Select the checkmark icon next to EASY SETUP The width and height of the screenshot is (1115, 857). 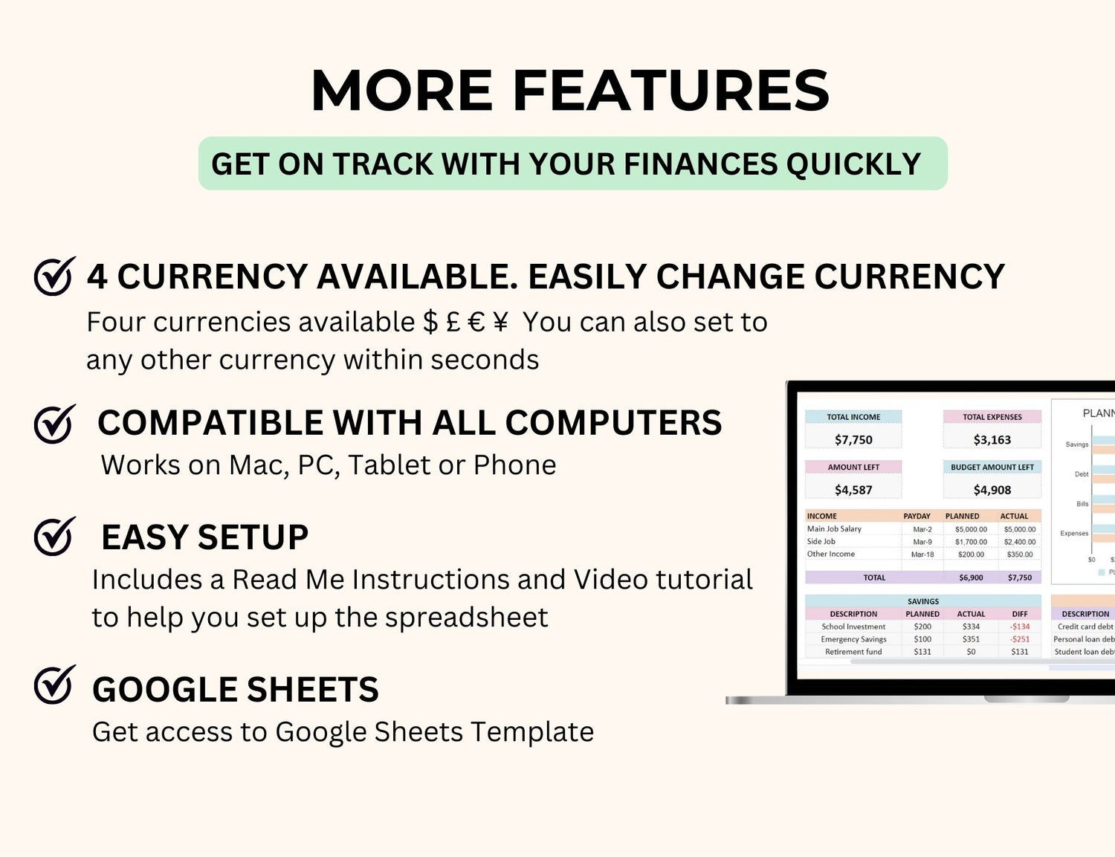[x=54, y=537]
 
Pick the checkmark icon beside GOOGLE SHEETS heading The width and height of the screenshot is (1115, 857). [x=54, y=685]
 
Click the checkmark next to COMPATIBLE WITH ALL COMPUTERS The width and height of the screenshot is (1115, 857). [x=54, y=424]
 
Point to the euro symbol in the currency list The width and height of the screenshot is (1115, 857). [x=476, y=323]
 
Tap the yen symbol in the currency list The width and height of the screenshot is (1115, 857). [x=500, y=323]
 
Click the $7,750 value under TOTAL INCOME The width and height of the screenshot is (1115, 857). [x=853, y=439]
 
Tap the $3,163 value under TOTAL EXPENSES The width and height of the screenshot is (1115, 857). [x=992, y=439]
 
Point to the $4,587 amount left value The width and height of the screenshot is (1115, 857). [x=853, y=490]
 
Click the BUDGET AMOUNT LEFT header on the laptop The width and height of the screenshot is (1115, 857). [x=992, y=468]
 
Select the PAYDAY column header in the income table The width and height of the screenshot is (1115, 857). [x=917, y=516]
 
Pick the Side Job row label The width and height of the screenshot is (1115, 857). [x=821, y=541]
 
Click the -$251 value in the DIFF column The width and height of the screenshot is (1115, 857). [x=1020, y=639]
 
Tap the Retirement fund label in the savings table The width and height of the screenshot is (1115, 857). [x=853, y=651]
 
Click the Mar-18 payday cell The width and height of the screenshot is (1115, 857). [x=922, y=554]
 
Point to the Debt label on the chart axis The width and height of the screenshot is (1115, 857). [x=1082, y=474]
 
